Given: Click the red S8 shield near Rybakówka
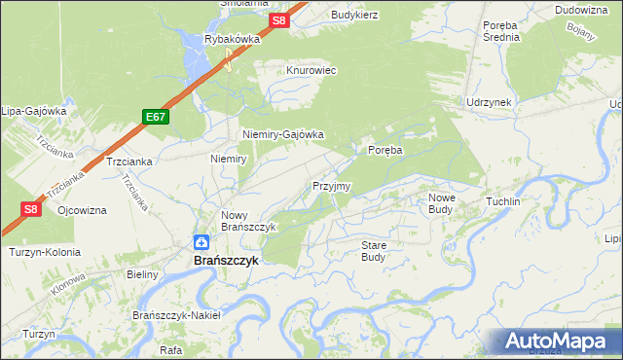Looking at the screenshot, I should click(279, 20).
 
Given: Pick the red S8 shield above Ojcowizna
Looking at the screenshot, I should click(30, 208).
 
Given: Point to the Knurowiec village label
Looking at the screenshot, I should click(311, 71).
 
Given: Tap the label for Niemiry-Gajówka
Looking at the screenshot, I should click(282, 135).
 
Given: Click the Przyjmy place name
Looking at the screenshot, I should click(331, 186).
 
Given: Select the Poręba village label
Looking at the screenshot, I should click(385, 150).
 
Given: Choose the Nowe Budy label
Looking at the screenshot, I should click(443, 202).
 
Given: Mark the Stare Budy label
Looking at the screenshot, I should click(374, 251).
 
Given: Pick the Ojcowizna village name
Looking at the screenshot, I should click(82, 210).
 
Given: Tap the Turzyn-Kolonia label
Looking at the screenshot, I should click(45, 252).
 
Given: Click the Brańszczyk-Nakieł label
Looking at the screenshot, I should click(177, 315).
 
